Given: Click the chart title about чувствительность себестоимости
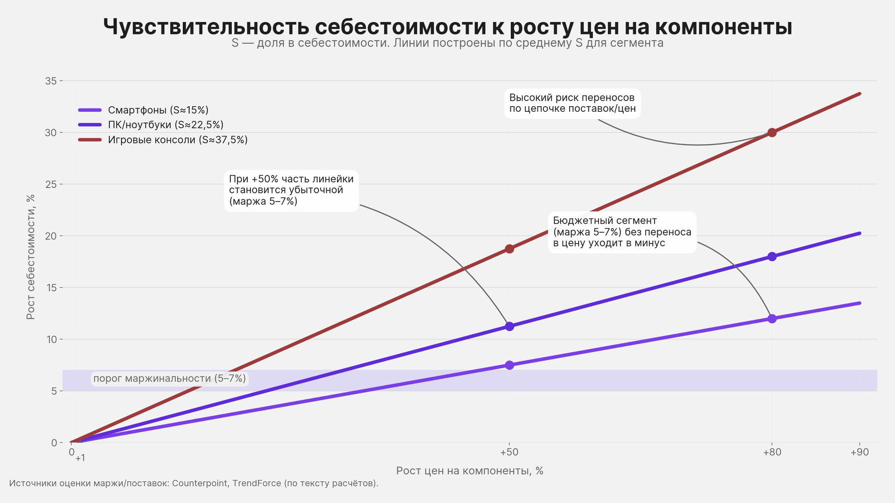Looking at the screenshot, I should click(447, 27).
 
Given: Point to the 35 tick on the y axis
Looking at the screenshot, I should click(51, 81).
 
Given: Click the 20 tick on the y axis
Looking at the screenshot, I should click(51, 236).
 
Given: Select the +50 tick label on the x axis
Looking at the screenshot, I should click(509, 452).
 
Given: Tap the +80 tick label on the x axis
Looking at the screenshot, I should click(772, 452).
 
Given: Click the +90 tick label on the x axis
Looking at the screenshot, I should click(860, 452).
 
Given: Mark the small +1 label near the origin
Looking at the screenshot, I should click(80, 458).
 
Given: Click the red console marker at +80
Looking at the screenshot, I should click(772, 133).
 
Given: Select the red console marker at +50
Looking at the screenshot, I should click(509, 249).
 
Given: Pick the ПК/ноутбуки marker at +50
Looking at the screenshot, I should click(509, 326).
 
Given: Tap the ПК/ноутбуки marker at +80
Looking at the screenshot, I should click(772, 257).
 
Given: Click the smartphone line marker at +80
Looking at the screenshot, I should click(772, 319).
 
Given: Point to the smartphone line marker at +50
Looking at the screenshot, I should click(509, 365).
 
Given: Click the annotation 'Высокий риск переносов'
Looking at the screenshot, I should click(572, 103).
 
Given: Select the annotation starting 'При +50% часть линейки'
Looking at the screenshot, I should click(291, 190).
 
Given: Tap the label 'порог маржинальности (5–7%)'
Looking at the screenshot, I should click(170, 379).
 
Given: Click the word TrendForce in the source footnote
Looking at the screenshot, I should click(256, 483).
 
